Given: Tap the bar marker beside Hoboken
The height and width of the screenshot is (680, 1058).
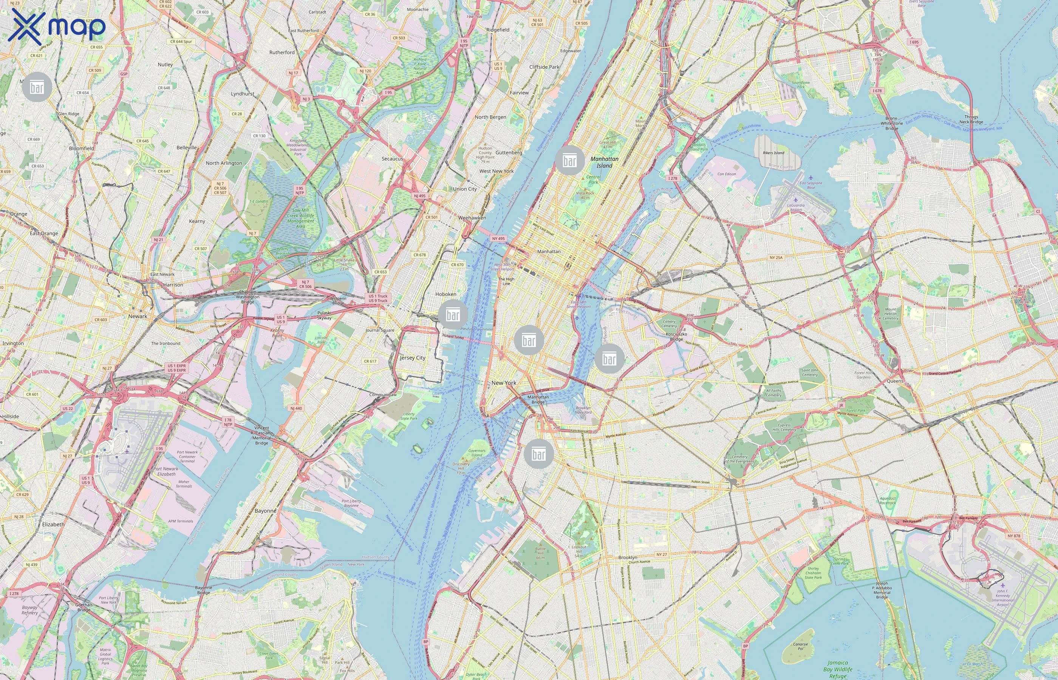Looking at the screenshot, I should (453, 314).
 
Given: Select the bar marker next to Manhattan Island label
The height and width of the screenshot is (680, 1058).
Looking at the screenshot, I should (570, 160).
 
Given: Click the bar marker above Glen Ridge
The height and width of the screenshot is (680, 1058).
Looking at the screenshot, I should (37, 87).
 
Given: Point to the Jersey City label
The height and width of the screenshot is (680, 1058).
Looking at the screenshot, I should (412, 358).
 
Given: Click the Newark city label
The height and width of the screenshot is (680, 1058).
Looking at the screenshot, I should (138, 316).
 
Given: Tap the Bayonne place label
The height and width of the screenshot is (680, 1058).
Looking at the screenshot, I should (265, 510).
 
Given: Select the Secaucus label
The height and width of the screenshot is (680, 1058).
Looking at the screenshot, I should (392, 159).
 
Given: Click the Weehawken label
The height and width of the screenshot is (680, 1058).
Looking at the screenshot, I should (472, 218).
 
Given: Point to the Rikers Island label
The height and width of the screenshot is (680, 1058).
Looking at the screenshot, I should (773, 153).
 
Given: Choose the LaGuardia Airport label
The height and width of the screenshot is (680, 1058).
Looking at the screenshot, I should (796, 207).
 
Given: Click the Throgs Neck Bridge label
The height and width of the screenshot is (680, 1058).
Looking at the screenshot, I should (971, 119).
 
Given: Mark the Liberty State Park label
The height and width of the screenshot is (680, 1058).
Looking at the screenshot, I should (408, 416).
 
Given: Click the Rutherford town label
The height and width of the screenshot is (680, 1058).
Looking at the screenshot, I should (282, 52).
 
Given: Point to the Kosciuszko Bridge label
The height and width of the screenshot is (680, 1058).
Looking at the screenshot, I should (676, 337).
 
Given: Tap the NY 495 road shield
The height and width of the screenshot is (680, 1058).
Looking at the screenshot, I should (498, 238).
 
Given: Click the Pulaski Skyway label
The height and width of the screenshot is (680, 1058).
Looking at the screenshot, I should (324, 315).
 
